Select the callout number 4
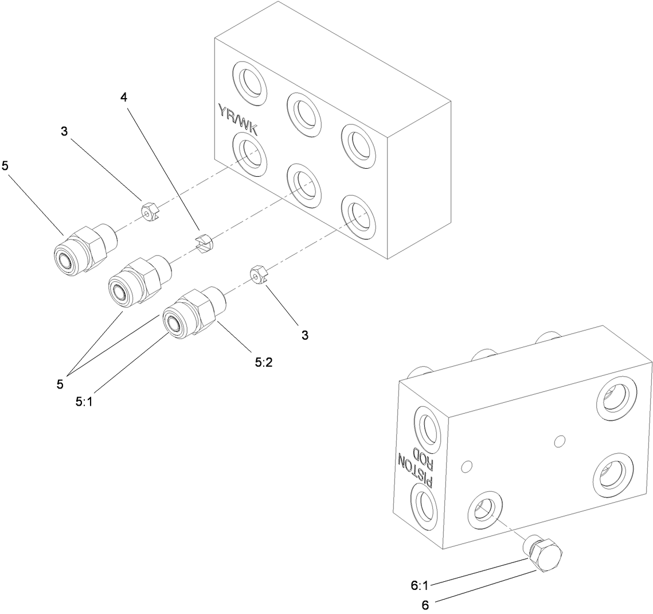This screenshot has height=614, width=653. pyautogui.click(x=123, y=97)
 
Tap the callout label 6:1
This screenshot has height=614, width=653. pyautogui.click(x=420, y=586)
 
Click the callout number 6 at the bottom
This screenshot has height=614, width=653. pyautogui.click(x=425, y=604)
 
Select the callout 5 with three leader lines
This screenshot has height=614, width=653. pyautogui.click(x=60, y=384)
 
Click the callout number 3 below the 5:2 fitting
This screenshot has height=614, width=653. pyautogui.click(x=305, y=335)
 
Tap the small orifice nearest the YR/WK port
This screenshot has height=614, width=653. pyautogui.click(x=149, y=211)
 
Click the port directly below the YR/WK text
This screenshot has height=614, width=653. pyautogui.click(x=249, y=152)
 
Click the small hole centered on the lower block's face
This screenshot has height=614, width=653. pyautogui.click(x=560, y=441)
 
